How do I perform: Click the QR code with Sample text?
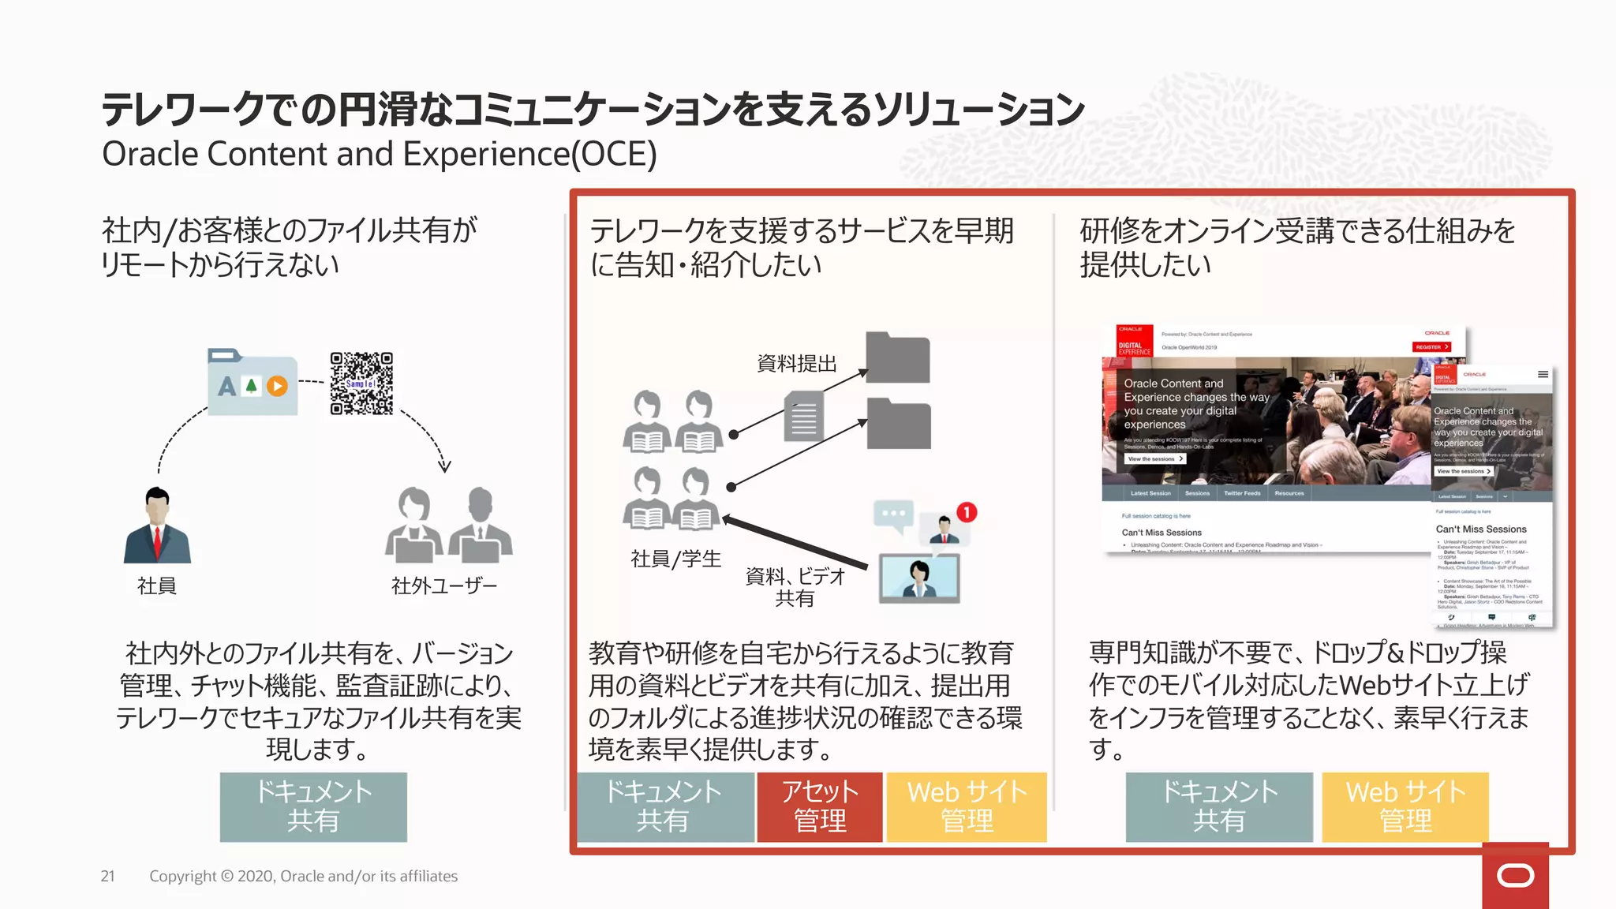(x=361, y=383)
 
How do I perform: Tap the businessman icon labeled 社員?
(x=157, y=526)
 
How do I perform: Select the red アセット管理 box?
(x=820, y=806)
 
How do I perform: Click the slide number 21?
(x=108, y=876)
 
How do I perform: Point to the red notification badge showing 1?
(x=967, y=512)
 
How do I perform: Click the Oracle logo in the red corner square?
(x=1515, y=876)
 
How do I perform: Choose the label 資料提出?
(x=796, y=364)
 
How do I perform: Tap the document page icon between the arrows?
(x=804, y=417)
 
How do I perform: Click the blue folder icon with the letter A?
(x=252, y=382)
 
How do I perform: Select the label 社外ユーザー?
(x=444, y=585)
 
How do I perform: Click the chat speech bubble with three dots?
(x=894, y=514)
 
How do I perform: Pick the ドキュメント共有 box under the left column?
(x=313, y=806)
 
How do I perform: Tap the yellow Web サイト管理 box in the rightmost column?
(x=1405, y=806)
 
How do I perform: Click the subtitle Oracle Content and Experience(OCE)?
(x=379, y=154)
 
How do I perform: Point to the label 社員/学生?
(x=675, y=559)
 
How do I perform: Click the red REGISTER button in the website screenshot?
(x=1431, y=347)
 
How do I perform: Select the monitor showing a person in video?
(x=919, y=578)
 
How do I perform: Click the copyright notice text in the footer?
(x=303, y=876)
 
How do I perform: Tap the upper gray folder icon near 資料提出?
(x=897, y=358)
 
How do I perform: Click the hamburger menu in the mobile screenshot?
(x=1542, y=375)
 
